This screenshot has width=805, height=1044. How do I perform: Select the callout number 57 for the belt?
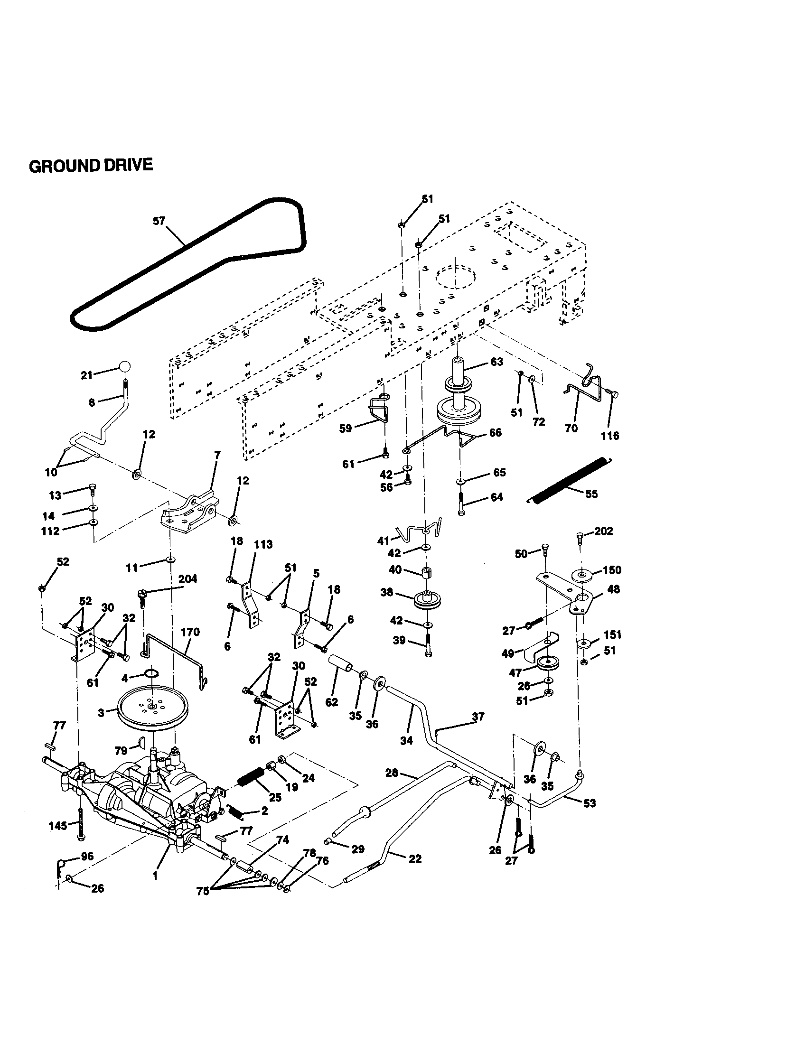coord(159,221)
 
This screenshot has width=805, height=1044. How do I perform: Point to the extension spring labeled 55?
coord(568,480)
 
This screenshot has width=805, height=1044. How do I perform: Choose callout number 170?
coord(190,632)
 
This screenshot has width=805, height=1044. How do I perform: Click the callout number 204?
coord(187,579)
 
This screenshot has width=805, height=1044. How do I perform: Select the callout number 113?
coord(263,544)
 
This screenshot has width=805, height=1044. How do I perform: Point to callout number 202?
coord(603,531)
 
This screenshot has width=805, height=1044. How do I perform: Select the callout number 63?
coord(496,362)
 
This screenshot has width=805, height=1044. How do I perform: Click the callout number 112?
coord(50,531)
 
